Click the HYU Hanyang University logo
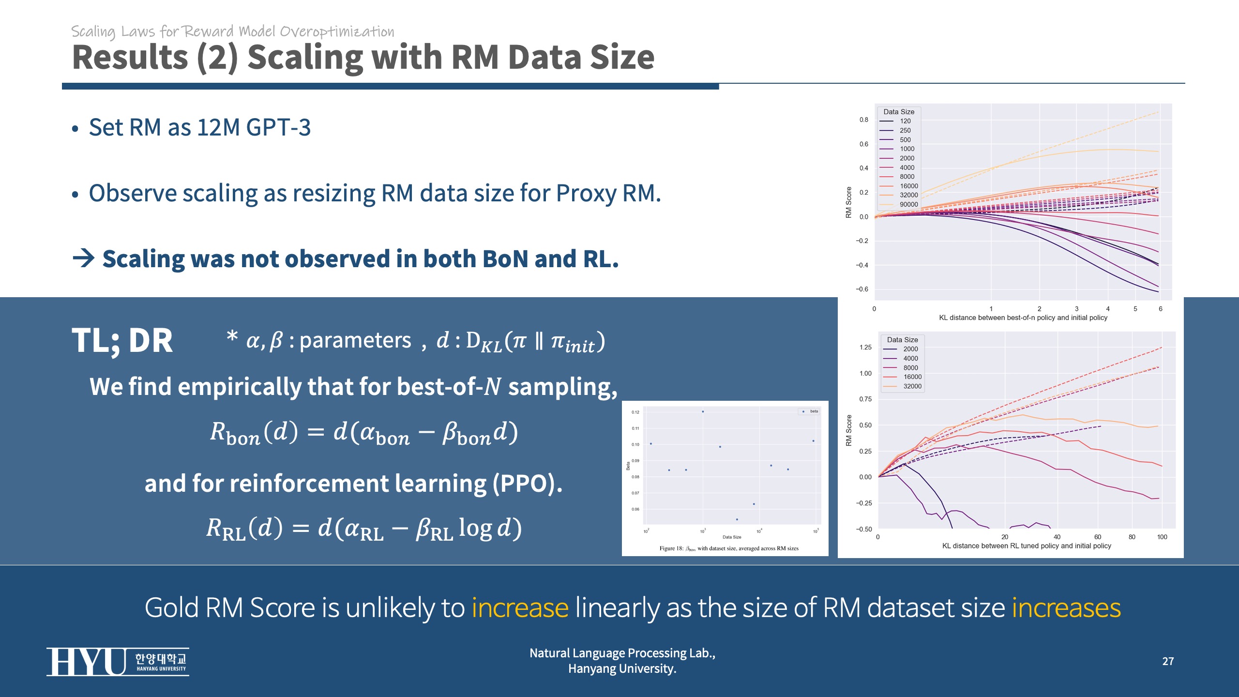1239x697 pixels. (118, 661)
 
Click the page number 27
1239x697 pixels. (1168, 661)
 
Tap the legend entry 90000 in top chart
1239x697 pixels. (908, 204)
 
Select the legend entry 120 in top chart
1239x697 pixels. (905, 121)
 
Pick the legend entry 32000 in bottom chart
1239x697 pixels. (912, 386)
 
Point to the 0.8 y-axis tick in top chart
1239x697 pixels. (864, 120)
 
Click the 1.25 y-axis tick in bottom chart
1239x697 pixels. (865, 347)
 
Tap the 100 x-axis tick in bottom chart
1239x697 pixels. (1162, 537)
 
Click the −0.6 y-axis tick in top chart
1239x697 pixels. (862, 289)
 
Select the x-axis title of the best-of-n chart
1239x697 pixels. (1023, 318)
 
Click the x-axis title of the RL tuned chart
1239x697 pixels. (1027, 545)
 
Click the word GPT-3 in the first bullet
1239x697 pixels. (278, 128)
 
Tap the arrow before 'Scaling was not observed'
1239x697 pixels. (83, 258)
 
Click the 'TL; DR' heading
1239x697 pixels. (122, 340)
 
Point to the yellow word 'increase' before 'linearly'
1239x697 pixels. (520, 608)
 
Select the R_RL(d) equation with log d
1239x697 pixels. (364, 528)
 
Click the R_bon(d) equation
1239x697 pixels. (364, 432)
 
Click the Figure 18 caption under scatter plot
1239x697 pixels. (729, 548)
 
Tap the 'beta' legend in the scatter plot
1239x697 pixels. (810, 411)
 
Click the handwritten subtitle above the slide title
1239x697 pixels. (233, 31)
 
